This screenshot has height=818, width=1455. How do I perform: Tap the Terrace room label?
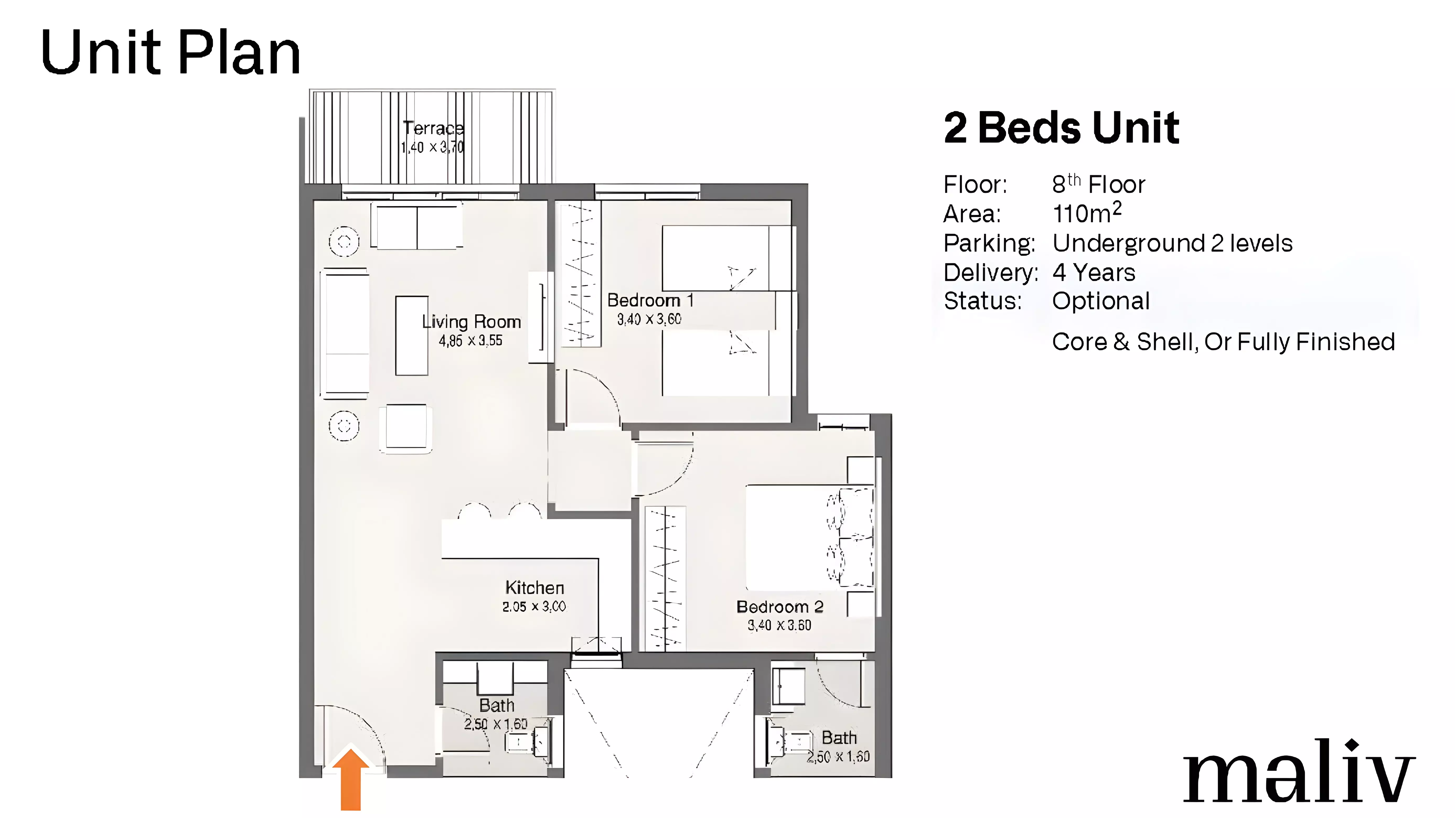click(433, 128)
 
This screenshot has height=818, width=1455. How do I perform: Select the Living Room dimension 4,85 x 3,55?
click(470, 340)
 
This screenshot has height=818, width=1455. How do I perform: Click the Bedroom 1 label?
click(650, 300)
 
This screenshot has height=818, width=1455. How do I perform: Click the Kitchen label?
click(534, 588)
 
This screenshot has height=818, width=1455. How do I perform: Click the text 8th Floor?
click(1099, 184)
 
